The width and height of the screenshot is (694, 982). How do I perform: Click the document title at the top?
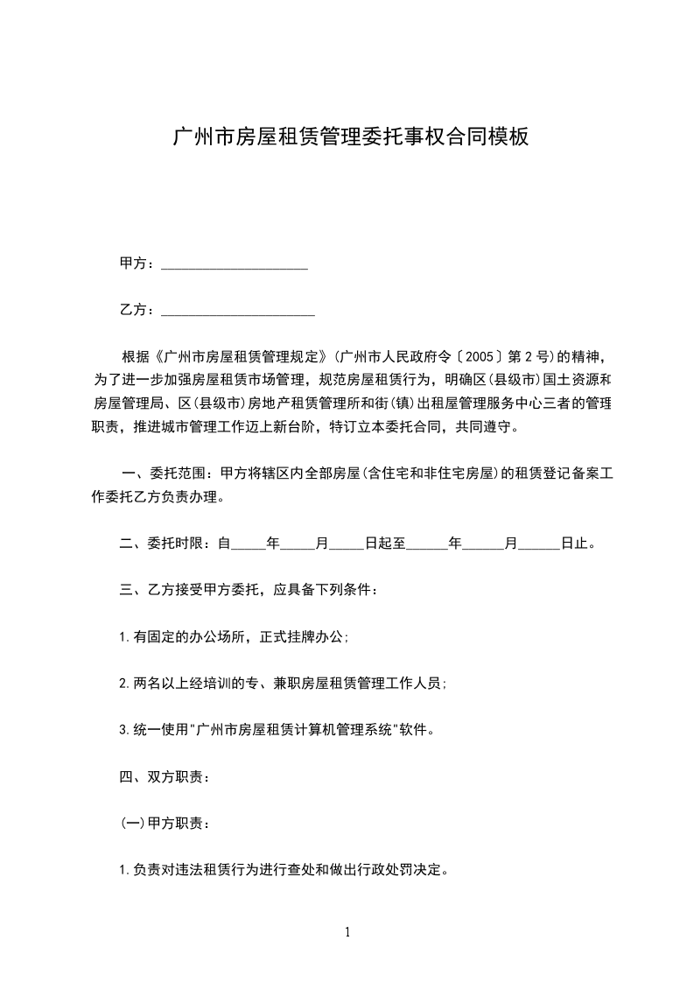pyautogui.click(x=350, y=137)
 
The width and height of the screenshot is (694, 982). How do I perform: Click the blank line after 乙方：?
pyautogui.click(x=238, y=311)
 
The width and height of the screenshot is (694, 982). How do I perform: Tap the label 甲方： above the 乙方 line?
pyautogui.click(x=138, y=263)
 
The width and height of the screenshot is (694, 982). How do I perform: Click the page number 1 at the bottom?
pyautogui.click(x=347, y=932)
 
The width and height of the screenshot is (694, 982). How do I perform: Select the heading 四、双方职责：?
pyautogui.click(x=164, y=776)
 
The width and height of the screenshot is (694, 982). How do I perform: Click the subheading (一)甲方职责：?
pyautogui.click(x=164, y=824)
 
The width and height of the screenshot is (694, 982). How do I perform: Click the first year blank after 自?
pyautogui.click(x=248, y=545)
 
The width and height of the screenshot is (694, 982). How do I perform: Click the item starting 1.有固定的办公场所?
pyautogui.click(x=234, y=637)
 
